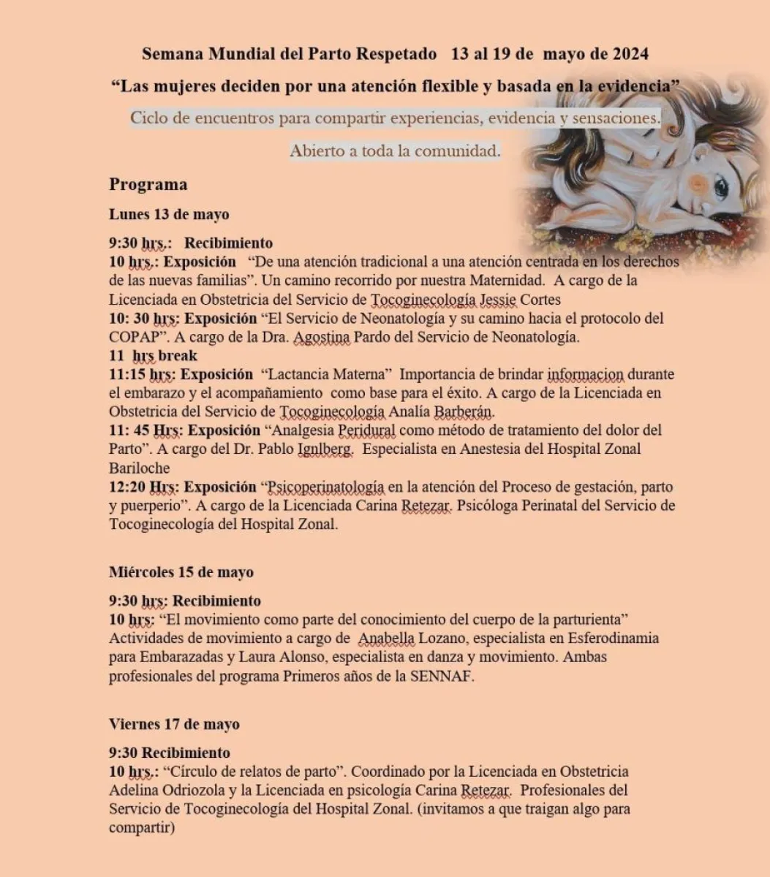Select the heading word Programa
(x=148, y=184)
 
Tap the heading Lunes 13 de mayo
(x=169, y=214)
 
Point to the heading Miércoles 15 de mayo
(x=181, y=572)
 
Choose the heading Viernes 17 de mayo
(x=174, y=724)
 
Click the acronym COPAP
(x=135, y=337)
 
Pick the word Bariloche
(x=139, y=468)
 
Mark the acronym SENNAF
(x=445, y=677)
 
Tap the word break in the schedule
(x=178, y=356)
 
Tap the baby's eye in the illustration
(x=720, y=187)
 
